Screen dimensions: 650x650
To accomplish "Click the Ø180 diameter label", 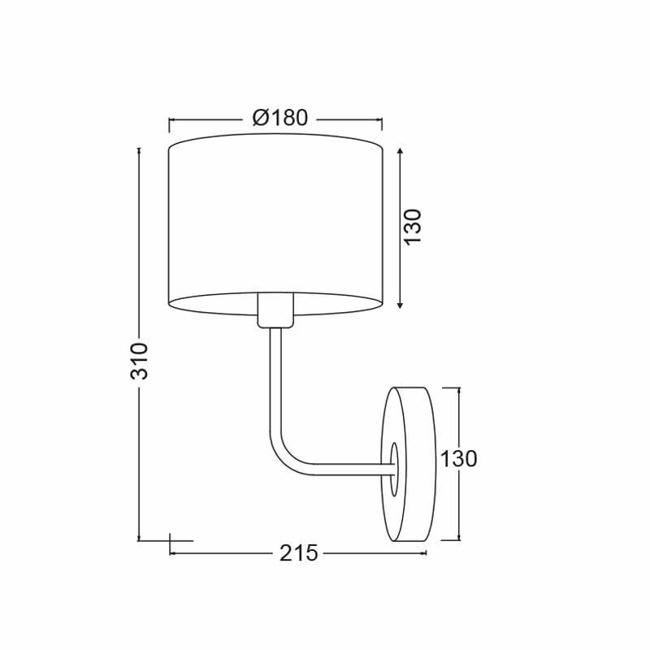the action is click(280, 118).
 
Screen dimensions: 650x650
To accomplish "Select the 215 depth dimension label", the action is click(298, 552).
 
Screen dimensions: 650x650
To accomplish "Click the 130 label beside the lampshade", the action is click(413, 227).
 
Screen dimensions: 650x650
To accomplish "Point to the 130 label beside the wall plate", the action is click(458, 459).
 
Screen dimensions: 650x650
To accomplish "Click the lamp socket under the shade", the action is click(275, 310).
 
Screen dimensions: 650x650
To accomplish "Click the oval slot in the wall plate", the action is click(394, 469).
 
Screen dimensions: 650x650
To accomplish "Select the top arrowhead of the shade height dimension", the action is click(400, 151).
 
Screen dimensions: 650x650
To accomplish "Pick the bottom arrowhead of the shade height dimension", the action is click(400, 305).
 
